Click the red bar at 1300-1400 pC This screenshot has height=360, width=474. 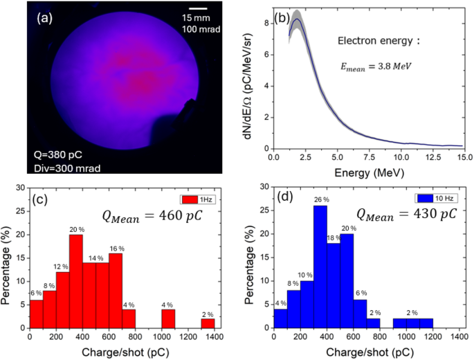208,324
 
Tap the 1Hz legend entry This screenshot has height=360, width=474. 199,200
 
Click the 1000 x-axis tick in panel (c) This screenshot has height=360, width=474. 168,339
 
